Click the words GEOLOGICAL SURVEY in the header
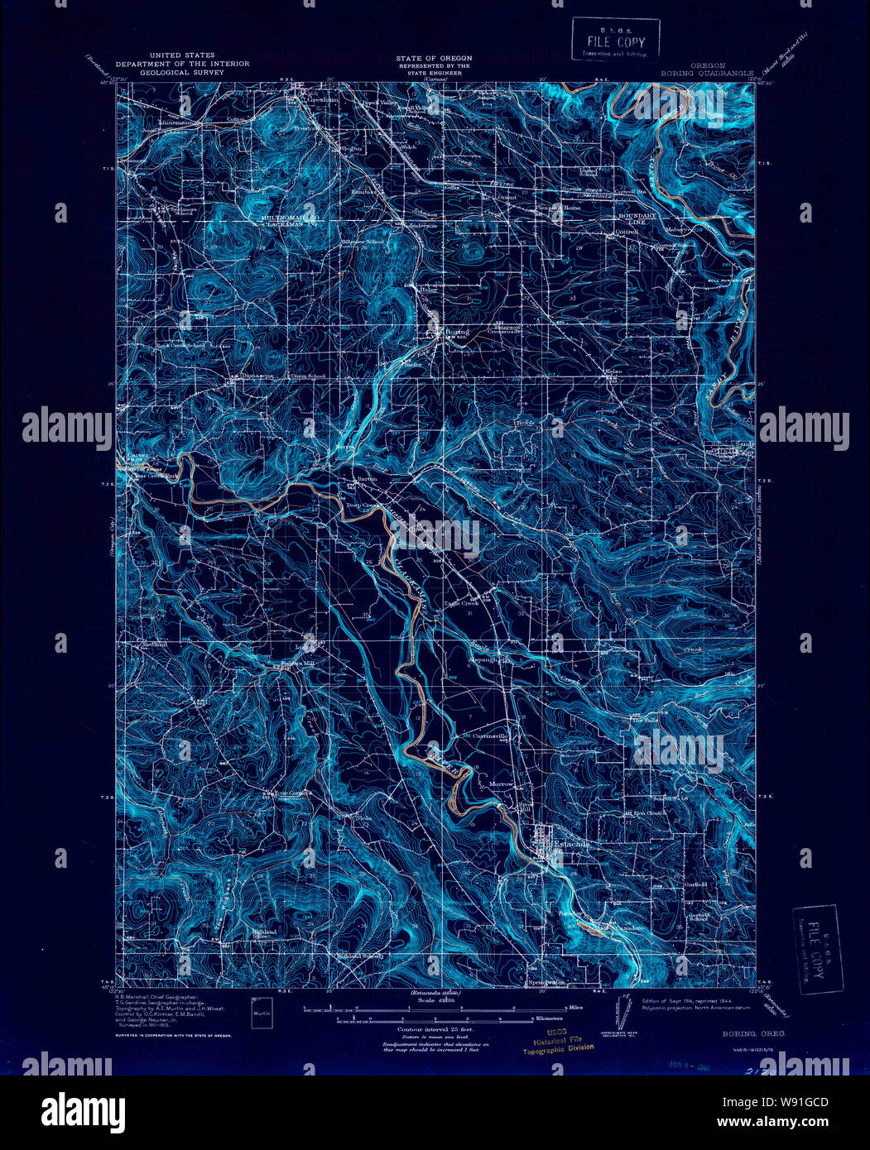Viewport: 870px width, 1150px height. pyautogui.click(x=164, y=72)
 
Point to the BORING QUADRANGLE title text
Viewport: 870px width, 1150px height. pyautogui.click(x=707, y=73)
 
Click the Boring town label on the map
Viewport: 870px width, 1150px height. pyautogui.click(x=456, y=332)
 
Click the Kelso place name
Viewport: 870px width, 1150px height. pyautogui.click(x=613, y=372)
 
